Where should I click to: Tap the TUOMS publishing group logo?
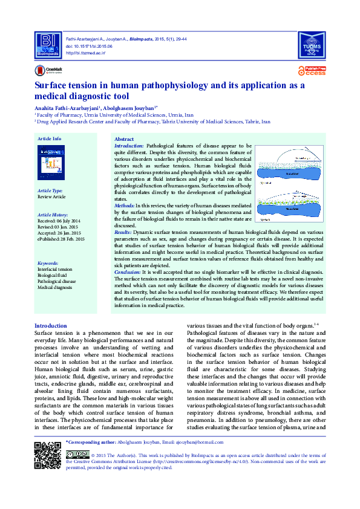pyautogui.click(x=313, y=43)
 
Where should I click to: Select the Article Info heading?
pyautogui.click(x=49, y=138)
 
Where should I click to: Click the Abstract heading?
pyautogui.click(x=124, y=139)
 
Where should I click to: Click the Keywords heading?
pyautogui.click(x=48, y=263)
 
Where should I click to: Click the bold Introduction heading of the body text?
pyautogui.click(x=51, y=326)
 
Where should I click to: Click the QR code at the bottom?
pyautogui.click(x=47, y=456)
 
